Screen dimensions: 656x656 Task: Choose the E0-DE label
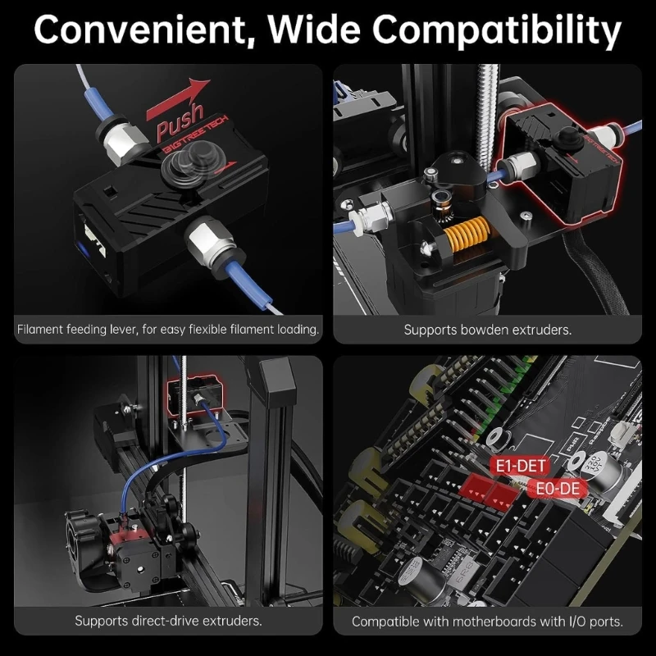(558, 489)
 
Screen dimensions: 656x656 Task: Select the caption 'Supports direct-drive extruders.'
(168, 621)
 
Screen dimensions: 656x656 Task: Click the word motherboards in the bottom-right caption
(503, 622)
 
